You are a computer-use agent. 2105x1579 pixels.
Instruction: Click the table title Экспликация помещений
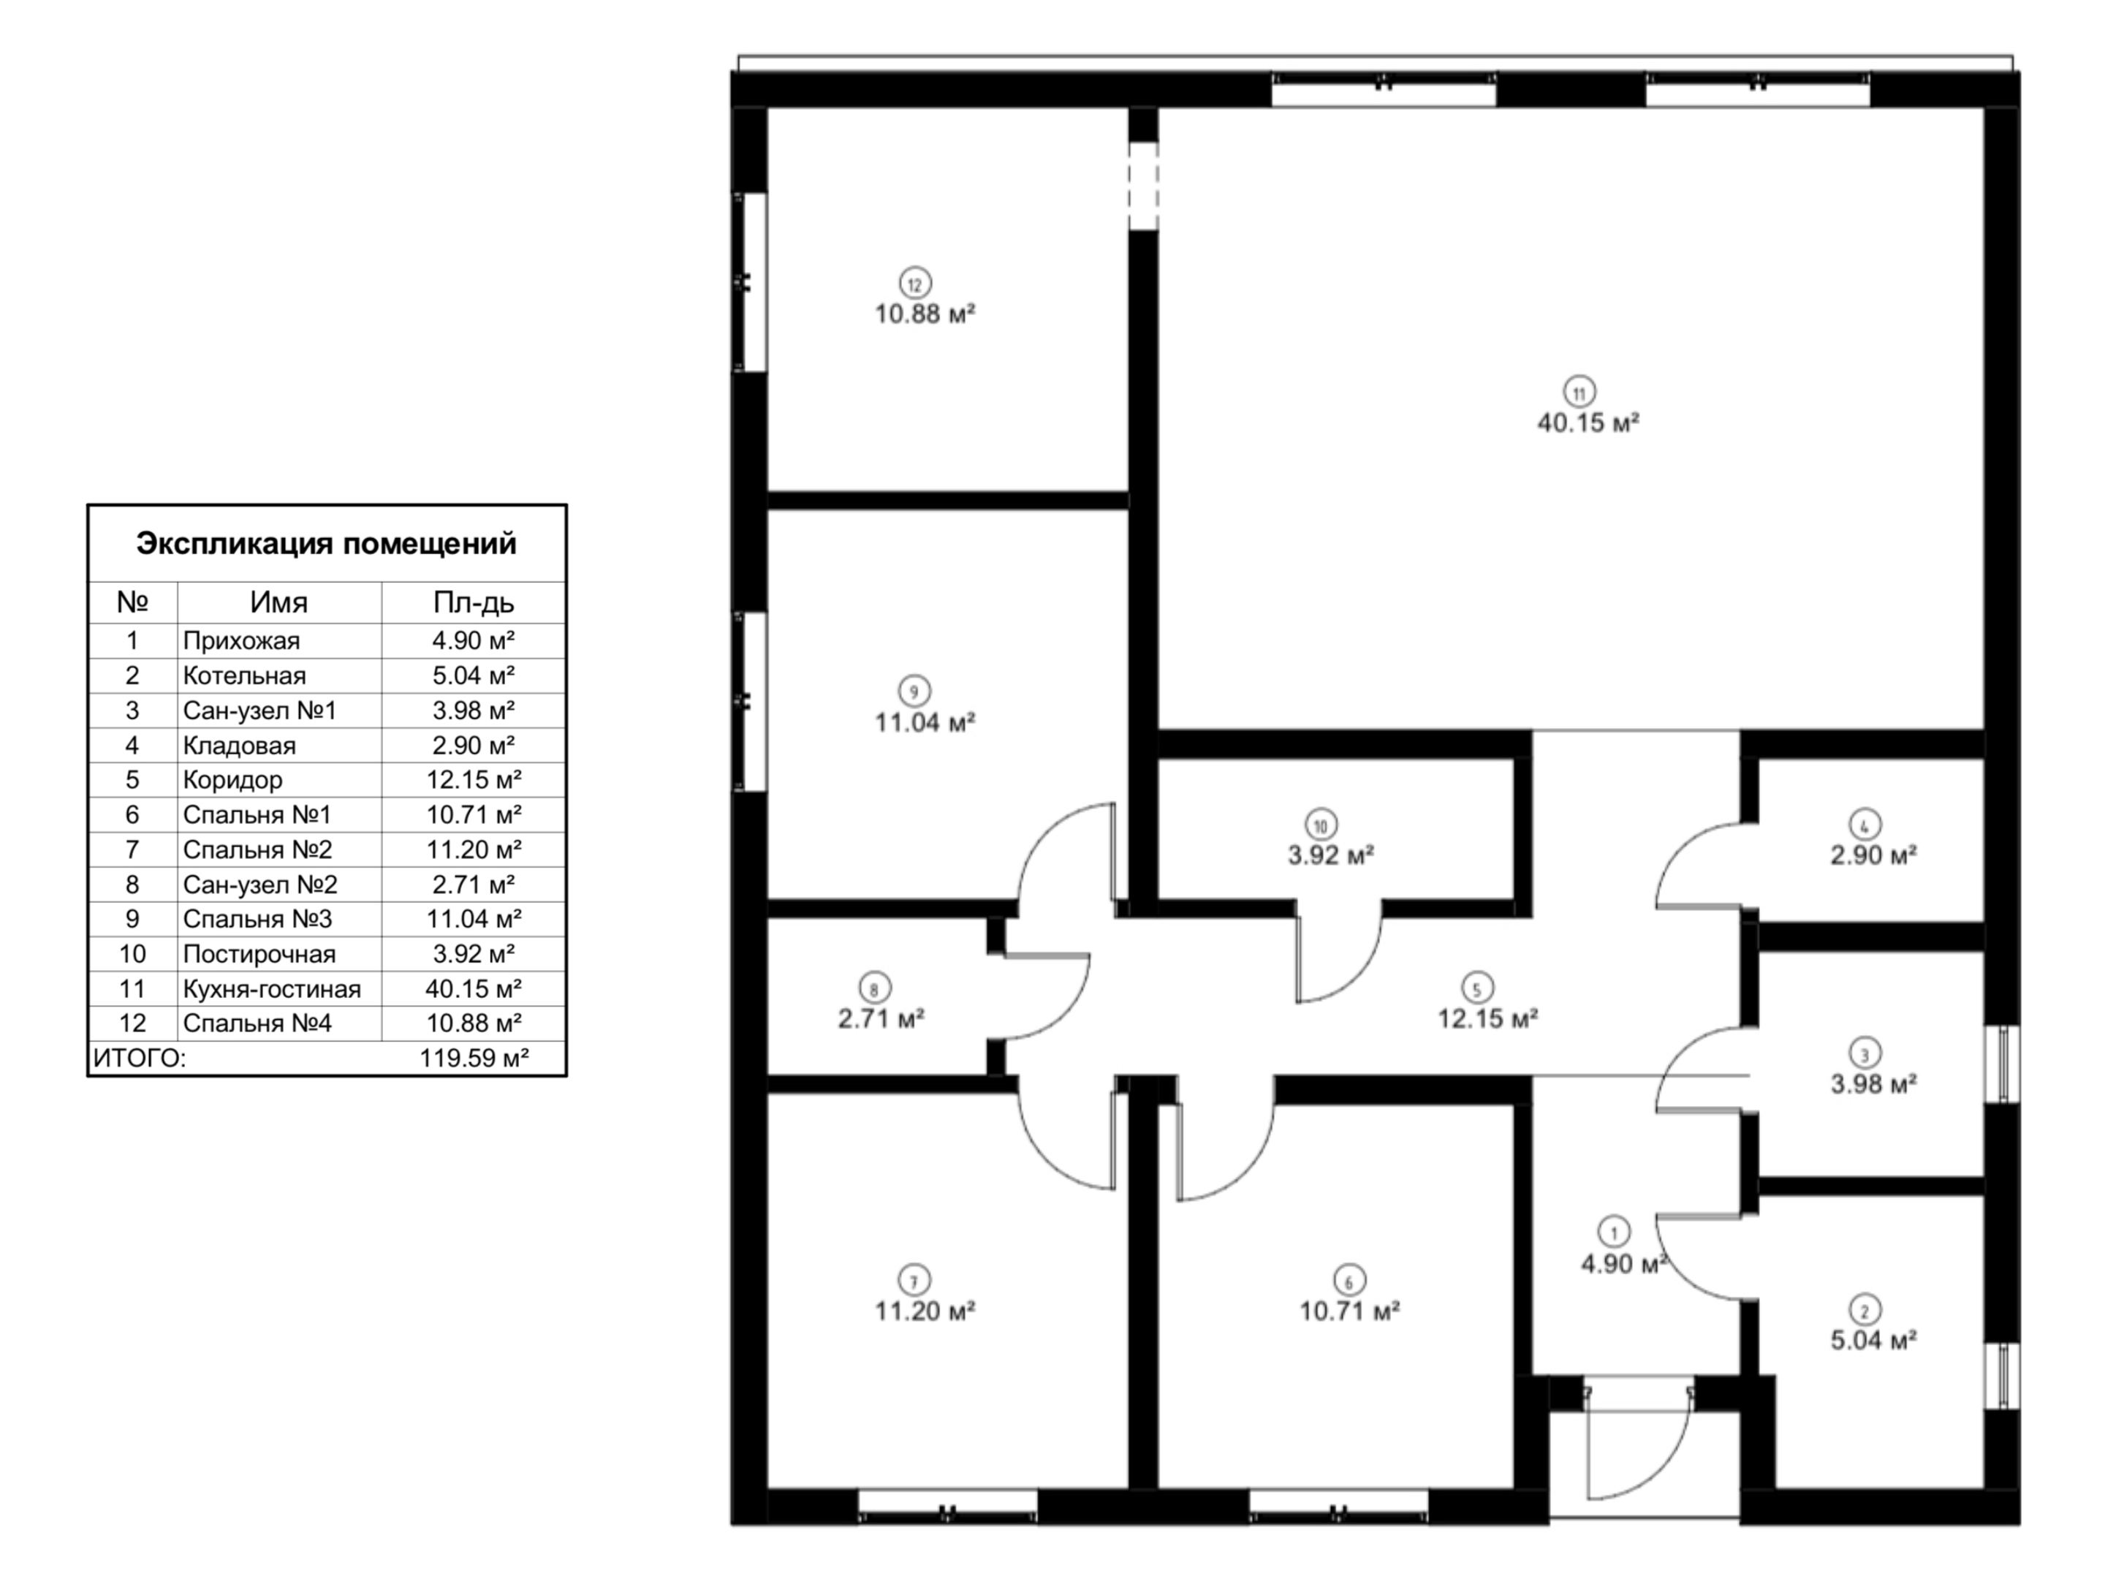click(x=327, y=543)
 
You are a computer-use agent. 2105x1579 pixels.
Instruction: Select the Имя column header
click(x=278, y=602)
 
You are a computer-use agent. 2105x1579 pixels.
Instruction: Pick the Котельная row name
click(x=245, y=675)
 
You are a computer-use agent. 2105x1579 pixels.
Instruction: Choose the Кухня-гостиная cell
click(x=272, y=989)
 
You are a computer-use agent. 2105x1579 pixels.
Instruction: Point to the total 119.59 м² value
click(x=474, y=1059)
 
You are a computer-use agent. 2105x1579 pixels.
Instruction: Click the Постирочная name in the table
click(x=259, y=955)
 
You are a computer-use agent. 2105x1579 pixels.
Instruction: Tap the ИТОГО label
click(x=140, y=1059)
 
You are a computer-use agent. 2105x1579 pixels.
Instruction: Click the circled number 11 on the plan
click(x=1579, y=392)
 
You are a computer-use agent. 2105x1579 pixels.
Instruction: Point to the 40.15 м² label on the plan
click(x=1588, y=423)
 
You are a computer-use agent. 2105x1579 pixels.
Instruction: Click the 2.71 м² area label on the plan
click(x=881, y=1019)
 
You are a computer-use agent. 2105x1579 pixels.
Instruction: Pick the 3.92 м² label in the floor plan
click(x=1330, y=855)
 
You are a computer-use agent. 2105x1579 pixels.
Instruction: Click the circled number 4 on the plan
click(x=1865, y=825)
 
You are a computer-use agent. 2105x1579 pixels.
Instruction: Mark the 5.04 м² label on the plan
click(x=1873, y=1340)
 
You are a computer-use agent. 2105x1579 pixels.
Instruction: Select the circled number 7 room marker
click(x=914, y=1280)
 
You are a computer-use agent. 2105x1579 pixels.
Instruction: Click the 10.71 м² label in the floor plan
click(x=1349, y=1311)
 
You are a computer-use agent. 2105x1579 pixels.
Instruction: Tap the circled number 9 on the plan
click(x=914, y=692)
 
